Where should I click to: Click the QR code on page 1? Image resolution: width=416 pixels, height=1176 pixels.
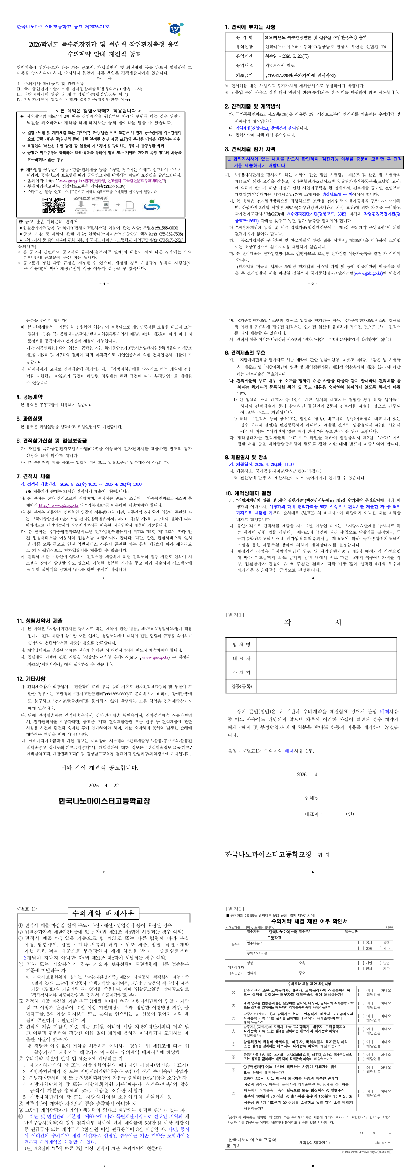point(54,205)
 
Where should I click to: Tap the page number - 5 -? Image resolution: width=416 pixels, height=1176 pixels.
point(104,871)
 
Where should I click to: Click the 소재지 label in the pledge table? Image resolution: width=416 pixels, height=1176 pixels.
point(241,672)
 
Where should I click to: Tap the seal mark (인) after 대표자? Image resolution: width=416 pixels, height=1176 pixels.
point(350,814)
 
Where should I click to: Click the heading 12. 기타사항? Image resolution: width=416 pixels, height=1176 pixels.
point(31,678)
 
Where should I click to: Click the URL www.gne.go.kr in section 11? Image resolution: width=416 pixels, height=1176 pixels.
point(155,657)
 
